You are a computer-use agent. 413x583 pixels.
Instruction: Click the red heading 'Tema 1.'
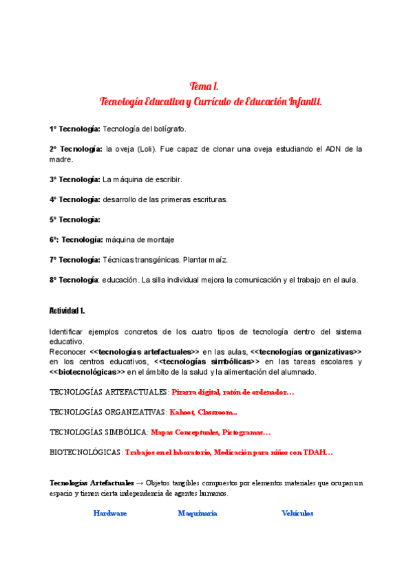tap(204, 86)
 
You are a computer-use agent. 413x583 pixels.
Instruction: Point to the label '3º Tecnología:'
tap(74, 179)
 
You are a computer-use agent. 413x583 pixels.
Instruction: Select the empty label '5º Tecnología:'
tap(74, 219)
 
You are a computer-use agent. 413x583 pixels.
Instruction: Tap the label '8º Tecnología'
tap(74, 280)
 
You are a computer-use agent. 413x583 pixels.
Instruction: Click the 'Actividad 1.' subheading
tap(67, 311)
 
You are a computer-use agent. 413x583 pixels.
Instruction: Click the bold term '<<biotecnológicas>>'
tap(87, 372)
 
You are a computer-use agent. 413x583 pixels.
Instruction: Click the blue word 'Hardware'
tap(110, 513)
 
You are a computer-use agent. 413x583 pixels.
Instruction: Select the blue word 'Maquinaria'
tap(198, 513)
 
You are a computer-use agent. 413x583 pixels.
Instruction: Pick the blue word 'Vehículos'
tap(297, 513)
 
